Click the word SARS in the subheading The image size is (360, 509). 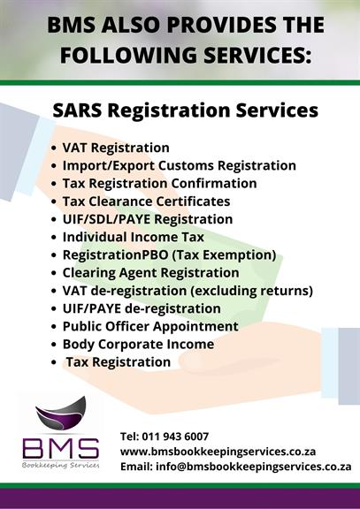(x=77, y=110)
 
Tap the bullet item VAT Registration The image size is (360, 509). (x=116, y=148)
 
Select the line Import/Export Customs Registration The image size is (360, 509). (x=180, y=165)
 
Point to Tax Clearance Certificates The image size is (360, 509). (x=146, y=201)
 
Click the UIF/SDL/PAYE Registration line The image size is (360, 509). (x=148, y=219)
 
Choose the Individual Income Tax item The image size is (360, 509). (x=134, y=237)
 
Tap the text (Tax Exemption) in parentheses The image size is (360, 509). (x=224, y=255)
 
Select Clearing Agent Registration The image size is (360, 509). (x=150, y=273)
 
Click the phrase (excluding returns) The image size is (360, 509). (x=251, y=291)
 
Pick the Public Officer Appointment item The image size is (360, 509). (x=150, y=327)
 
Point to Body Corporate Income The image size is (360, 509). (x=138, y=344)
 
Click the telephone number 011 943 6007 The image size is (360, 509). (x=175, y=437)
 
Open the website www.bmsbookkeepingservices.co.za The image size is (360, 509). (x=218, y=452)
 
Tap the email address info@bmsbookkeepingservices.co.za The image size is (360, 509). (x=254, y=467)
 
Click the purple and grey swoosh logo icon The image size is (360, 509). (x=61, y=413)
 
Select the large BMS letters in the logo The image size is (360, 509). (x=61, y=449)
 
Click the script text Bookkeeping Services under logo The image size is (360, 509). (x=61, y=465)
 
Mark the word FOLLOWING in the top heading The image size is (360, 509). (x=128, y=55)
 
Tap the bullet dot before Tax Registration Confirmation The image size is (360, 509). (x=54, y=184)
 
